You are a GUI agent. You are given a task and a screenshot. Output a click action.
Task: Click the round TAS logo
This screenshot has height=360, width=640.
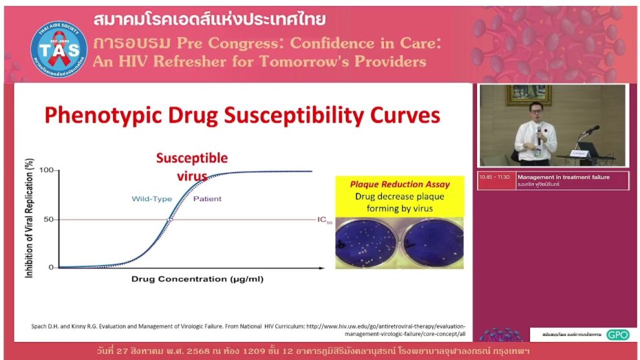point(59,48)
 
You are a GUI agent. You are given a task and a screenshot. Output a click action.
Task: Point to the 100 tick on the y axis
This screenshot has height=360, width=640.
point(45,170)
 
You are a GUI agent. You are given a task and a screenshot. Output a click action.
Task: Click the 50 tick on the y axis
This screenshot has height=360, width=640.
point(47,219)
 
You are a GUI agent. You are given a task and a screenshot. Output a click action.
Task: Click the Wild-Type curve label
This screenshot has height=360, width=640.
point(152,198)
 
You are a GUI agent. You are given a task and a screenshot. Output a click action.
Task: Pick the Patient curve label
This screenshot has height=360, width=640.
point(207,198)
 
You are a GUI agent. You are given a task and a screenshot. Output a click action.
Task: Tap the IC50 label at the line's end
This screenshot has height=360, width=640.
point(324,220)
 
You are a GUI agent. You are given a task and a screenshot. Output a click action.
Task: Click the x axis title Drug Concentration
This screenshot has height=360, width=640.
point(197,279)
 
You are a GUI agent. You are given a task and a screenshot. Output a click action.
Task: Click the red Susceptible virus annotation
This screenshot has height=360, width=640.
point(192,167)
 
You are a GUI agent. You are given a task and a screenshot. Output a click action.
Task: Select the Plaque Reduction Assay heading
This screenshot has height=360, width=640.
point(400,184)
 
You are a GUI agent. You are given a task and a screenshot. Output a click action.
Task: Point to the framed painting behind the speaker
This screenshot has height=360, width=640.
point(528,94)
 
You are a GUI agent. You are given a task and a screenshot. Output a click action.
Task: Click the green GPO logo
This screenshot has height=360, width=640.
point(617,335)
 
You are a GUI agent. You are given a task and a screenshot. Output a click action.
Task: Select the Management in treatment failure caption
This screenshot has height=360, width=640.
point(563,176)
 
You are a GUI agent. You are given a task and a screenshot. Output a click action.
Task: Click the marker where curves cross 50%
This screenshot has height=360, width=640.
point(169,220)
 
